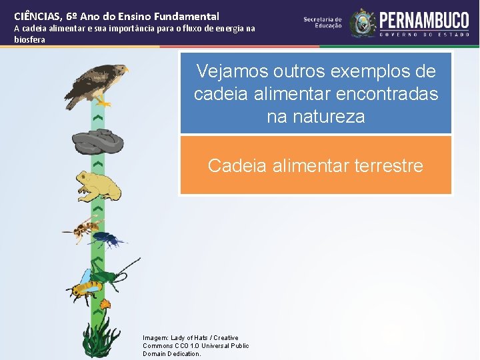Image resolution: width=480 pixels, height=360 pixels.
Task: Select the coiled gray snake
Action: click(97, 141)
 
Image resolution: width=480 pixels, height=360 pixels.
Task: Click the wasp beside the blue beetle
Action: click(84, 228)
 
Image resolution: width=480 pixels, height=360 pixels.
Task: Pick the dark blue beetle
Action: click(108, 238)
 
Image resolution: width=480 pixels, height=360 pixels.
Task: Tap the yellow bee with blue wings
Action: click(85, 285)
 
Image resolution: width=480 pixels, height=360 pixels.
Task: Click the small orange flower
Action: click(103, 305)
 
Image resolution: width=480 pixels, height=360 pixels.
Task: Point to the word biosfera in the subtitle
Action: click(30, 39)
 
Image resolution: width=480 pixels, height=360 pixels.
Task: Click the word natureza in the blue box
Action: click(315, 117)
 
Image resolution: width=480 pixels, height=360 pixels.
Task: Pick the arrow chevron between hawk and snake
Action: click(98, 117)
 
